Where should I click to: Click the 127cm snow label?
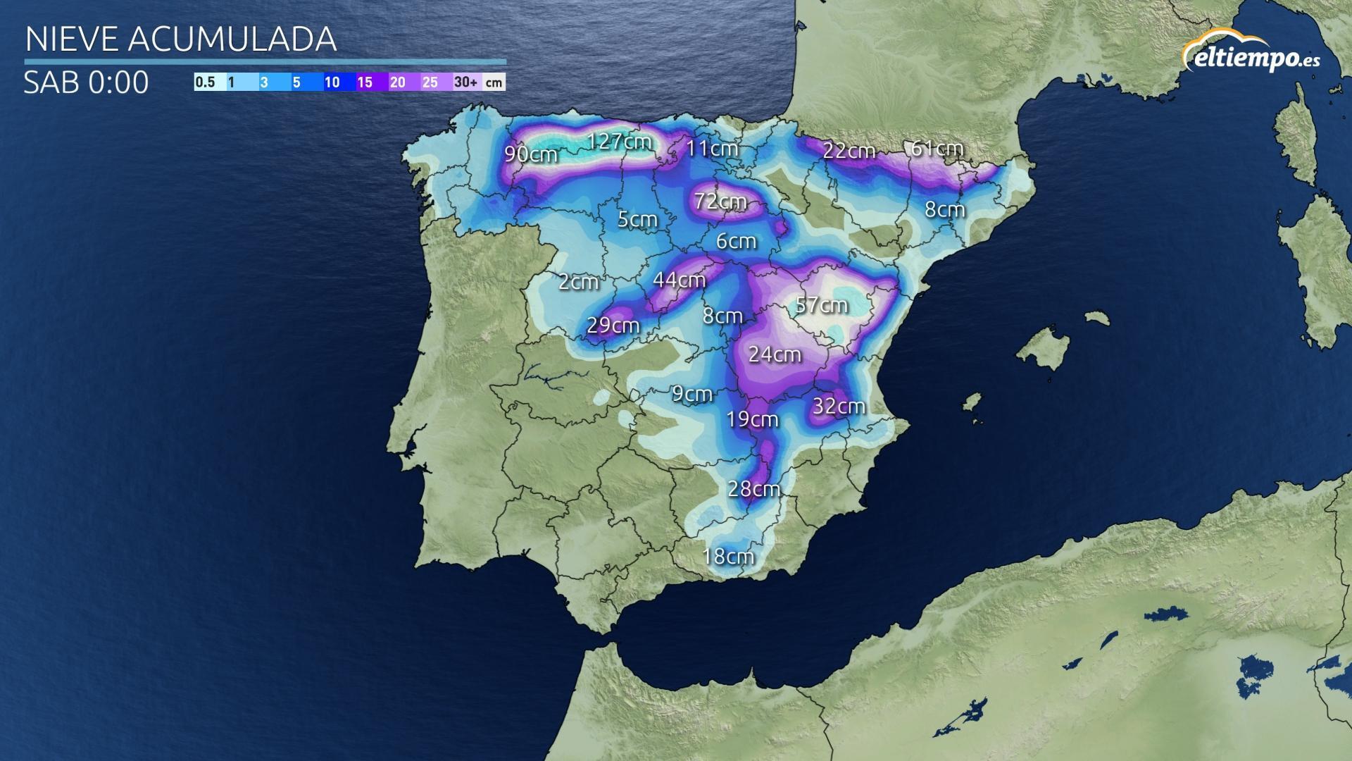tap(620, 142)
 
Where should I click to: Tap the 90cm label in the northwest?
tap(531, 154)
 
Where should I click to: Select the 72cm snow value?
tap(720, 202)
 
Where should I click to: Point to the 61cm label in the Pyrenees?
tap(937, 149)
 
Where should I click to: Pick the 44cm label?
tap(679, 280)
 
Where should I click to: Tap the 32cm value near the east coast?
tap(839, 407)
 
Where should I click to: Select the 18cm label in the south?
tap(728, 557)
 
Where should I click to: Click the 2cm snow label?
tap(578, 282)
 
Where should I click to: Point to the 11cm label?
tap(712, 149)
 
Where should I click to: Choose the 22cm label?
tap(849, 151)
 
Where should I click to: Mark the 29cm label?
tap(613, 326)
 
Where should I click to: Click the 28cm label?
tap(753, 488)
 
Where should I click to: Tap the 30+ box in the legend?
tap(465, 82)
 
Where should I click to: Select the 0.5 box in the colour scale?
tap(205, 82)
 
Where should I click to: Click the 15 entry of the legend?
tap(364, 82)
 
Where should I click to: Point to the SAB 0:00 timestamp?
tap(86, 82)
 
